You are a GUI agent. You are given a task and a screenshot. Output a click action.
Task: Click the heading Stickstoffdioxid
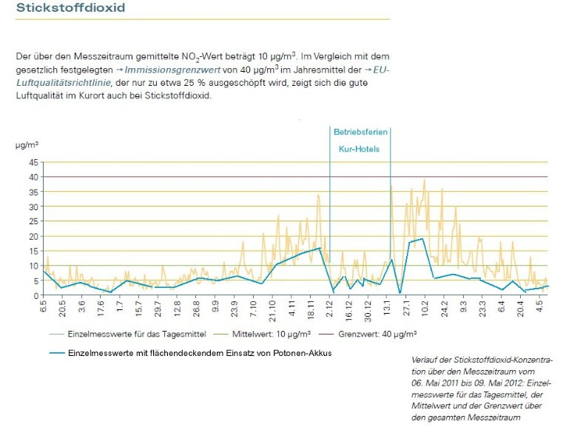tap(71, 7)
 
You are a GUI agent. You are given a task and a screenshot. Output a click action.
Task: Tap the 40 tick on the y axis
tap(33, 177)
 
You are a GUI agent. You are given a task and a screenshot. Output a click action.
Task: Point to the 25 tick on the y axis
tap(33, 221)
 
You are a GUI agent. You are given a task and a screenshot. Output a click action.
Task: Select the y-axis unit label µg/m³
tap(27, 145)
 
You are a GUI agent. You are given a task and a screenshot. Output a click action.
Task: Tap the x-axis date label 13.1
tap(387, 307)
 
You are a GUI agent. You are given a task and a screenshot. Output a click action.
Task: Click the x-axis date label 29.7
tap(158, 308)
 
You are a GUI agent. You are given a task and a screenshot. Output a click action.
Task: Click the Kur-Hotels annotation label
tap(359, 149)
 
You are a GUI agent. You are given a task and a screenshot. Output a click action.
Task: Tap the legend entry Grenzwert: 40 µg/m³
tap(377, 335)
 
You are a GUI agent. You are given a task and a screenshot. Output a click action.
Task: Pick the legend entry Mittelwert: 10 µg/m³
tap(271, 335)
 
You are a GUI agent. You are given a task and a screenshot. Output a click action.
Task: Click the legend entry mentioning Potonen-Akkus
tap(200, 353)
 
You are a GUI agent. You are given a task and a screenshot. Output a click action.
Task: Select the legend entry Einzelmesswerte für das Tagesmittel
tap(137, 335)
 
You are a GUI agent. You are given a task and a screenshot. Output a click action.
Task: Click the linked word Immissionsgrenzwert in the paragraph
tap(172, 70)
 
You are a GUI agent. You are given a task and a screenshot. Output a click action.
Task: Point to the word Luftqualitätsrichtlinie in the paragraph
tap(63, 83)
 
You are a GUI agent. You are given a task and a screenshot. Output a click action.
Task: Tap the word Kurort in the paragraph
tap(92, 95)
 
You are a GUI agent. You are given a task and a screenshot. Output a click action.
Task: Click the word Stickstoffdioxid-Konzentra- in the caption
tap(503, 360)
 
